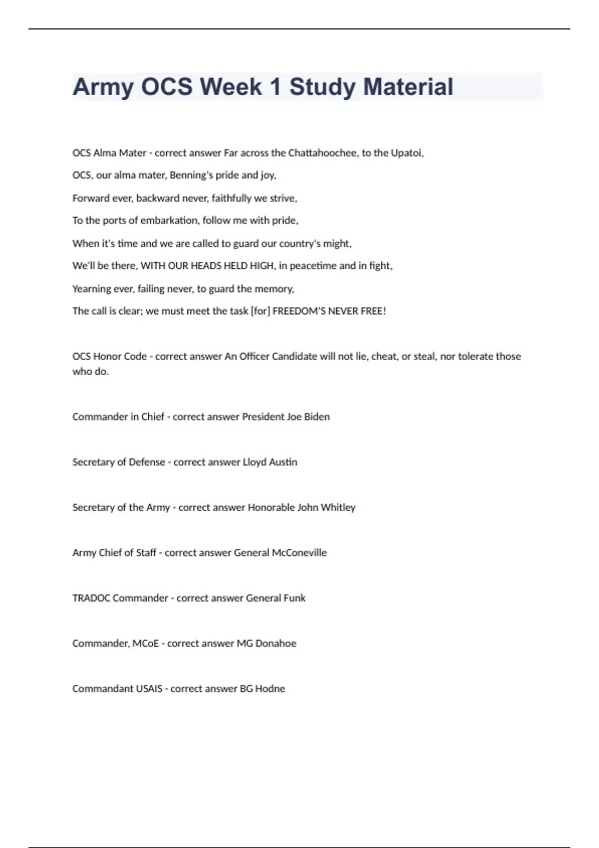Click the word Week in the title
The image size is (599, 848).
231,87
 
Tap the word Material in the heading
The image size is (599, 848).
408,87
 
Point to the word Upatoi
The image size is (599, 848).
407,153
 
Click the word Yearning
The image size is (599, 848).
91,289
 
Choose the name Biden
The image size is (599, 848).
316,417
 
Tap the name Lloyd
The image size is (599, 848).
254,462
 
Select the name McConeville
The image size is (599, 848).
299,553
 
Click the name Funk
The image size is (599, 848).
294,598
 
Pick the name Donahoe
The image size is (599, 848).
276,643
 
